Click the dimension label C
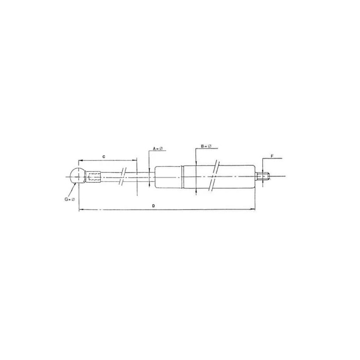click(x=104, y=157)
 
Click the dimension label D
click(x=153, y=206)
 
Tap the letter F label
click(x=272, y=156)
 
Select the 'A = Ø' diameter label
click(x=158, y=149)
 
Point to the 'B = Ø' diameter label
click(x=206, y=146)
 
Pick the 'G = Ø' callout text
click(x=70, y=199)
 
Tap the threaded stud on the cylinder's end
click(x=262, y=176)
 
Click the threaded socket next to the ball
click(x=93, y=177)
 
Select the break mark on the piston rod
click(x=123, y=176)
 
